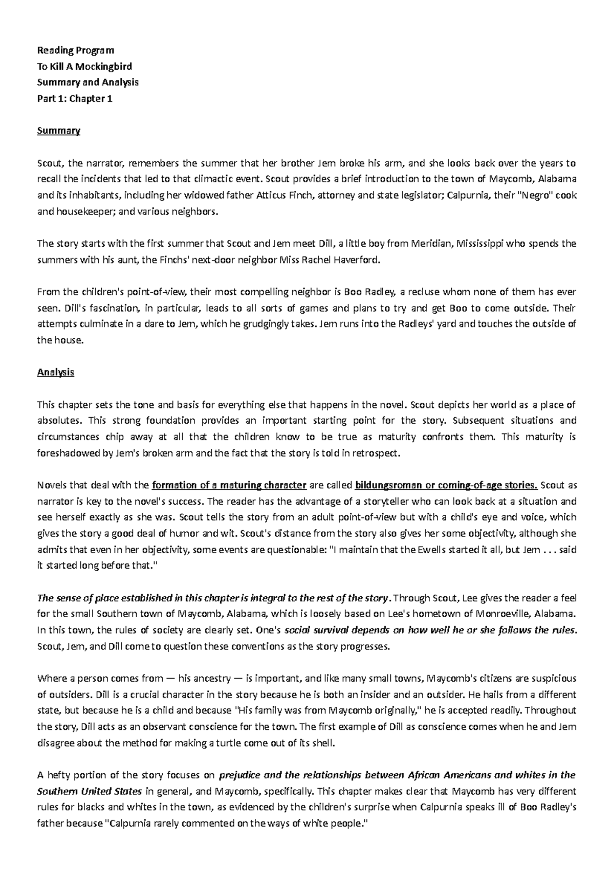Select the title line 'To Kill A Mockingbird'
click(x=84, y=66)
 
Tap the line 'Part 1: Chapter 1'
click(x=75, y=98)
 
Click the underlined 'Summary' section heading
click(x=59, y=131)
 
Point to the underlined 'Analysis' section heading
click(x=56, y=373)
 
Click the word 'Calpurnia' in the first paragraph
click(x=467, y=195)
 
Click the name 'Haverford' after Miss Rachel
click(x=357, y=259)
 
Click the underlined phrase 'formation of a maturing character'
click(x=229, y=485)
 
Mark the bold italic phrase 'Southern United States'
click(x=90, y=791)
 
